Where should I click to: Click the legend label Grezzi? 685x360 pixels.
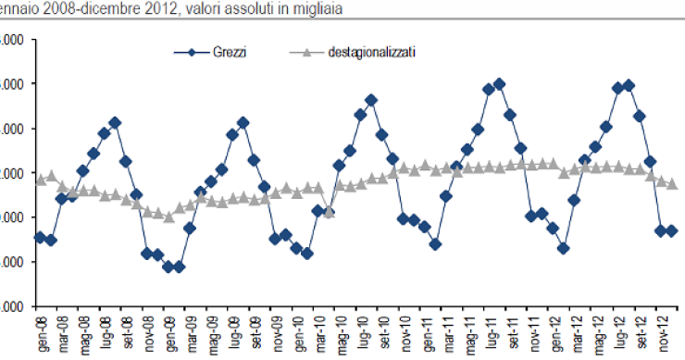pyautogui.click(x=228, y=52)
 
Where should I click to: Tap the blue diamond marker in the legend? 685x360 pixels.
pyautogui.click(x=191, y=52)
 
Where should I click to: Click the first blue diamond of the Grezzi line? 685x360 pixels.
pyautogui.click(x=40, y=238)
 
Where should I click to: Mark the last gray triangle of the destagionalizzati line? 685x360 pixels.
pyautogui.click(x=672, y=184)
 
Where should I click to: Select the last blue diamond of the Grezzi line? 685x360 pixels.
pyautogui.click(x=672, y=230)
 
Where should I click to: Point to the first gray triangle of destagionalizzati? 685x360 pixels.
pyautogui.click(x=40, y=180)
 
